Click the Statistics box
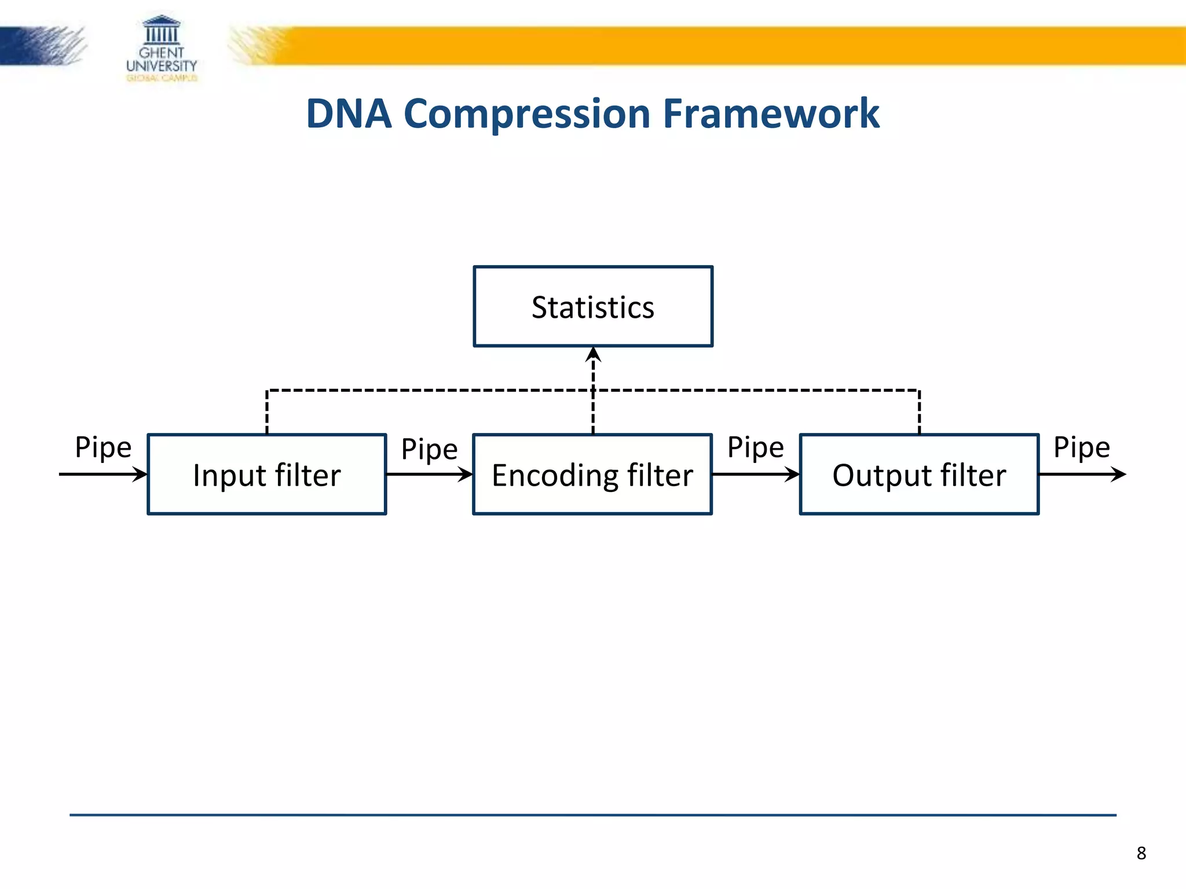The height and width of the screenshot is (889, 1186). point(593,307)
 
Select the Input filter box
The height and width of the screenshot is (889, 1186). point(267,475)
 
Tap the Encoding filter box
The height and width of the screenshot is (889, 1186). point(592,475)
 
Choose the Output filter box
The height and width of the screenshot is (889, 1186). point(919,475)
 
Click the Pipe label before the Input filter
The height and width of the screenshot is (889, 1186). point(103,447)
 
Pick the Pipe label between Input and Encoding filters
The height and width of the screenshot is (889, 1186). point(429,449)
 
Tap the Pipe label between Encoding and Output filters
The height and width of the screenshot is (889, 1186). point(755,447)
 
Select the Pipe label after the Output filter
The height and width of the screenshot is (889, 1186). point(1081,447)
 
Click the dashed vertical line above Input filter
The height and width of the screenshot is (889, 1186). point(267,412)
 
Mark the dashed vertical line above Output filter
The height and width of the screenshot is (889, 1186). point(919,412)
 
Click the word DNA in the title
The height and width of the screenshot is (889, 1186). point(349,113)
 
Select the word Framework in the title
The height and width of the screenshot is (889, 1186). point(771,113)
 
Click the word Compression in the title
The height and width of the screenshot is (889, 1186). point(527,113)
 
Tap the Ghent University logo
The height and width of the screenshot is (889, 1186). point(162,49)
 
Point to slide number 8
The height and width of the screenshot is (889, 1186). point(1141,853)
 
